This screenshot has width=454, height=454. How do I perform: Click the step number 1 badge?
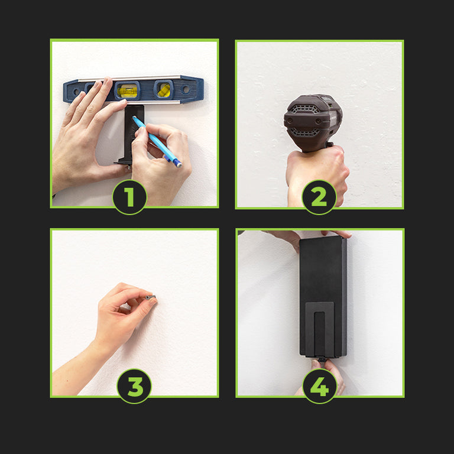[129, 197]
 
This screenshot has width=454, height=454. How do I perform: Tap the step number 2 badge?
[319, 197]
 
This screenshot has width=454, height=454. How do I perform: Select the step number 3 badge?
[134, 386]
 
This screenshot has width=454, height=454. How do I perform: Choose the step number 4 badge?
[320, 386]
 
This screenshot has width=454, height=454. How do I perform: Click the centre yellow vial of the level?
[127, 90]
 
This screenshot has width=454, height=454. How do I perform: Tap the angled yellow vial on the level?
[164, 90]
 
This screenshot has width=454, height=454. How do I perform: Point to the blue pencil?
[157, 141]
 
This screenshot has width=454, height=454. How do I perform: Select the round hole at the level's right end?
[186, 89]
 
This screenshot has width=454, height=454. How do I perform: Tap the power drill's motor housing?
[313, 122]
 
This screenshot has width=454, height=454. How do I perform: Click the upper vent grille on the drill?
[304, 109]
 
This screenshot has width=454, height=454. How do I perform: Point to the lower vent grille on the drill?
[305, 132]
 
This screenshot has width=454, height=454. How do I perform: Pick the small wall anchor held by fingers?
[151, 297]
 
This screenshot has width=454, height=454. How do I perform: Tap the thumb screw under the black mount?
[321, 360]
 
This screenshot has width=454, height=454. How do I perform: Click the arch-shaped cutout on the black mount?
[320, 329]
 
